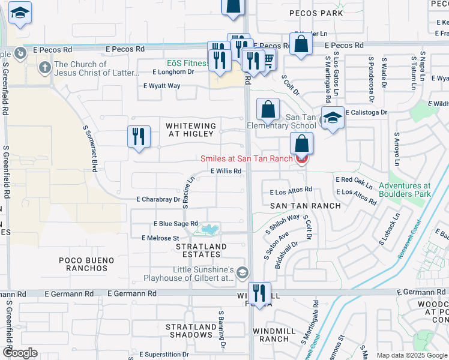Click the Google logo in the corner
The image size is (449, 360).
(20, 353)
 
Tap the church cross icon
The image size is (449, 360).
(44, 67)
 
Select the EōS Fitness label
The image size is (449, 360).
(188, 62)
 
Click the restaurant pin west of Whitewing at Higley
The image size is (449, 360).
(139, 136)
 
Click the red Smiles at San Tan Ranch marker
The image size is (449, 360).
(302, 158)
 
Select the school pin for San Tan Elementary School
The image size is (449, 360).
(332, 118)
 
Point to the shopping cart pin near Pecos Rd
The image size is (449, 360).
(268, 60)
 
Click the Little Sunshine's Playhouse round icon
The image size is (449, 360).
(242, 274)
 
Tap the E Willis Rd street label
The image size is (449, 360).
(225, 171)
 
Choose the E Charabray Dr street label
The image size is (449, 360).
(158, 199)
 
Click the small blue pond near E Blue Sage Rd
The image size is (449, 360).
(209, 229)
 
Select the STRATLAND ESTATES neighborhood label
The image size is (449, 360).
(200, 251)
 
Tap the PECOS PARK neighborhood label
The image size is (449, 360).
(316, 13)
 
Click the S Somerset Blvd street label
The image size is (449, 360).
(91, 150)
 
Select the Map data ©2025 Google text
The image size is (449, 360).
(411, 355)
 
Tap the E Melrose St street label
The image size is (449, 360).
(160, 238)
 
